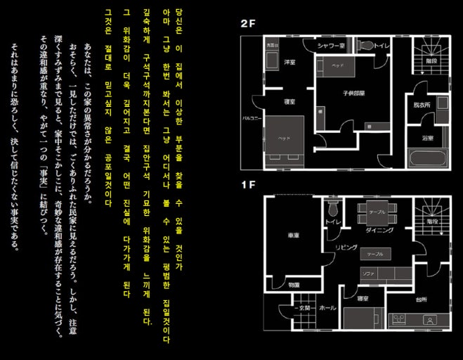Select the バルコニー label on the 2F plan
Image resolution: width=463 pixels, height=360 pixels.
pos(252,118)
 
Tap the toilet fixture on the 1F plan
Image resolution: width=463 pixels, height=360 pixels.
pos(333,208)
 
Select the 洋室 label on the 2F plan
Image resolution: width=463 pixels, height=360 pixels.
pos(288,63)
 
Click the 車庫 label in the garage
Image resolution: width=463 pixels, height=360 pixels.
pos(293,235)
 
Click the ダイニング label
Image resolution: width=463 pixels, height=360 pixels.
pos(379,230)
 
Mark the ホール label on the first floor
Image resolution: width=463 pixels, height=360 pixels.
pos(327,308)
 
